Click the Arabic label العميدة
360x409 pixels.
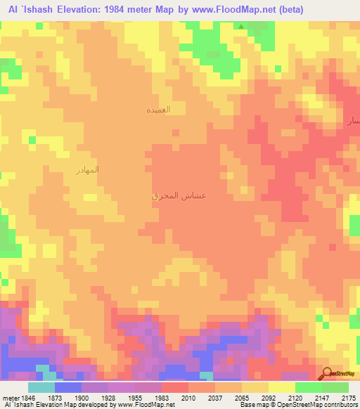(158, 110)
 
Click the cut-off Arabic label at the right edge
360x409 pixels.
(354, 121)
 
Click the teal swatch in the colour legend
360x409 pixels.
(41, 387)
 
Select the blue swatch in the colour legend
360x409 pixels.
(68, 387)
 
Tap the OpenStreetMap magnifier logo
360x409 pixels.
(327, 372)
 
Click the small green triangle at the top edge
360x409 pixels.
(242, 27)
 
